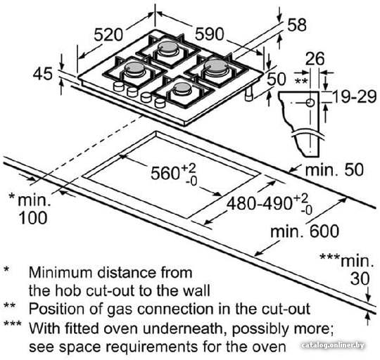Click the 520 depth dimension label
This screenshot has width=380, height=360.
108,34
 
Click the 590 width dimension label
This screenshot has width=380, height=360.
210,34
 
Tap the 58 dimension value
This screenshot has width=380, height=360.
297,25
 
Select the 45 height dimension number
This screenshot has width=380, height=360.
43,74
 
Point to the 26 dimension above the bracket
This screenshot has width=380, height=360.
315,59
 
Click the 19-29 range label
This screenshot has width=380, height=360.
354,97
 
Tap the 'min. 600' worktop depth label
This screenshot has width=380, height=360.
305,231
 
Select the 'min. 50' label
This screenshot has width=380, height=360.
334,170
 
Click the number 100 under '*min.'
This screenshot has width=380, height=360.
32,218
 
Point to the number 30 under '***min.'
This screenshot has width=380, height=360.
360,278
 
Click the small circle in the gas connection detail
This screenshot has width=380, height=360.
310,103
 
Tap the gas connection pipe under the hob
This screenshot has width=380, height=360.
248,94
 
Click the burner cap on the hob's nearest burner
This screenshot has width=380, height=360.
183,87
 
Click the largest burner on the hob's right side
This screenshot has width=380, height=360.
216,65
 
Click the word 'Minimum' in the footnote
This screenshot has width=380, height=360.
61,272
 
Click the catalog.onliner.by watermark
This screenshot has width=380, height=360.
333,345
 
